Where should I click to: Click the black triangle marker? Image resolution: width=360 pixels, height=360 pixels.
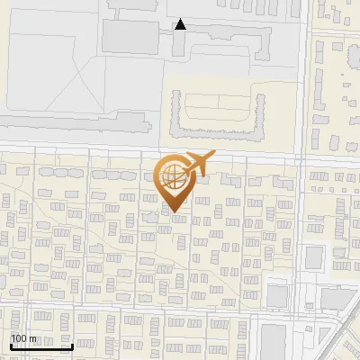pos(180,24)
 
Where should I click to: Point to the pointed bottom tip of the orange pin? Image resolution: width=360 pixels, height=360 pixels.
pos(175,212)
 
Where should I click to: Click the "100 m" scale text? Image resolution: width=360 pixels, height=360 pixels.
pos(23,338)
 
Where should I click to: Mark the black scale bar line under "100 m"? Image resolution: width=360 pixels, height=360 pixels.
pos(41,346)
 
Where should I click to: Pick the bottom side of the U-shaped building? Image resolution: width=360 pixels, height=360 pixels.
pos(220,135)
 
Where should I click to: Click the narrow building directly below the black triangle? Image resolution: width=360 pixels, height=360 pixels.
pos(179,45)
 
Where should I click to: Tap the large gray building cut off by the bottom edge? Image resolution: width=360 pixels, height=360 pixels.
pos(273,342)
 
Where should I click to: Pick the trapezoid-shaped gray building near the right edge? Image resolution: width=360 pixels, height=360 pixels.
pos(337,298)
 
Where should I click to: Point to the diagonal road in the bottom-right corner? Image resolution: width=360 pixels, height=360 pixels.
pos(337,333)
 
